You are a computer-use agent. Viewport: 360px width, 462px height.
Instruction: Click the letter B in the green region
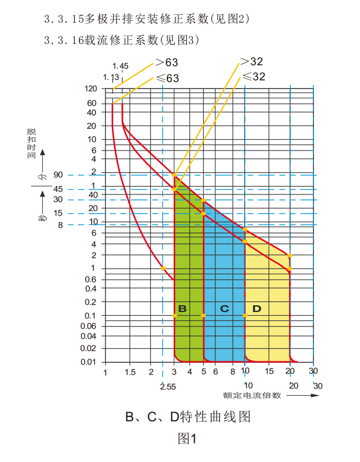click(x=182, y=308)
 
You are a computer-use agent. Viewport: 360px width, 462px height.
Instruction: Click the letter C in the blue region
click(x=224, y=308)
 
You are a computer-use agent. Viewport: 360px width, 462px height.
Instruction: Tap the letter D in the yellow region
click(x=257, y=308)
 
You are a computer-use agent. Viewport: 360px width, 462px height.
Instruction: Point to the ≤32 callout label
click(x=253, y=77)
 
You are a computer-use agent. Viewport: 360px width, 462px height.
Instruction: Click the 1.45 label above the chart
click(x=121, y=66)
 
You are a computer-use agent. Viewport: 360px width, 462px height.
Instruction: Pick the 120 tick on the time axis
click(x=90, y=88)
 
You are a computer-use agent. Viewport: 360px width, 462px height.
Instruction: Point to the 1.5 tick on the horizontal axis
click(x=129, y=372)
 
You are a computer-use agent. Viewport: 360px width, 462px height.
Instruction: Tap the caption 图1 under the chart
click(x=187, y=439)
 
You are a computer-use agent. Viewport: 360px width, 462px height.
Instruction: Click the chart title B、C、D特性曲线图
click(x=187, y=417)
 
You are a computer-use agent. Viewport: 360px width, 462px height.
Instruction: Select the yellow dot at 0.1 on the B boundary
click(x=175, y=316)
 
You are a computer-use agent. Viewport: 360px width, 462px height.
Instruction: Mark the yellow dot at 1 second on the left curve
click(x=163, y=268)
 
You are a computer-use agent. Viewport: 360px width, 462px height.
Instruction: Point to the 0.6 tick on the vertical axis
click(x=90, y=279)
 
